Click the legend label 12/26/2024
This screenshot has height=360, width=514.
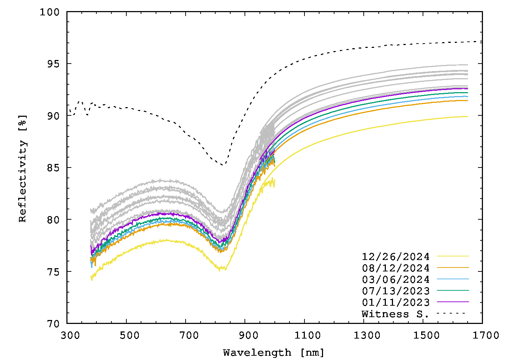pyautogui.click(x=395, y=256)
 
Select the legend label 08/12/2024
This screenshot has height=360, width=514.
pyautogui.click(x=395, y=268)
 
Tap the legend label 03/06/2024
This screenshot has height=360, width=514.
pyautogui.click(x=395, y=279)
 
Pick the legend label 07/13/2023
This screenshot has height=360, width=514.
pyautogui.click(x=395, y=291)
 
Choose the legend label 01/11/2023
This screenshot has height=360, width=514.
pyautogui.click(x=395, y=302)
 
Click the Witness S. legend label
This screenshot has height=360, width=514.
pyautogui.click(x=395, y=314)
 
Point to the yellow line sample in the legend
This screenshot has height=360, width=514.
pyautogui.click(x=453, y=256)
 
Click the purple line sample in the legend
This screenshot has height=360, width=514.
pyautogui.click(x=453, y=302)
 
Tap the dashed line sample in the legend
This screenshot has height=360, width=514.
pyautogui.click(x=453, y=313)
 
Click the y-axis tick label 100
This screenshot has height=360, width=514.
pyautogui.click(x=50, y=12)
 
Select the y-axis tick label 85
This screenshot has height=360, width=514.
pyautogui.click(x=53, y=168)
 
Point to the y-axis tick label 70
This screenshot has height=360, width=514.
pyautogui.click(x=53, y=324)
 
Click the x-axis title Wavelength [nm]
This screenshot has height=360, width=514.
pyautogui.click(x=274, y=352)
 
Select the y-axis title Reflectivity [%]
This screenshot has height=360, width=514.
pyautogui.click(x=22, y=168)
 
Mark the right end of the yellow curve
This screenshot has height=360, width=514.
pyautogui.click(x=467, y=116)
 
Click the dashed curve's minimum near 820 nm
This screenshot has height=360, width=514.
pyautogui.click(x=222, y=165)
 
